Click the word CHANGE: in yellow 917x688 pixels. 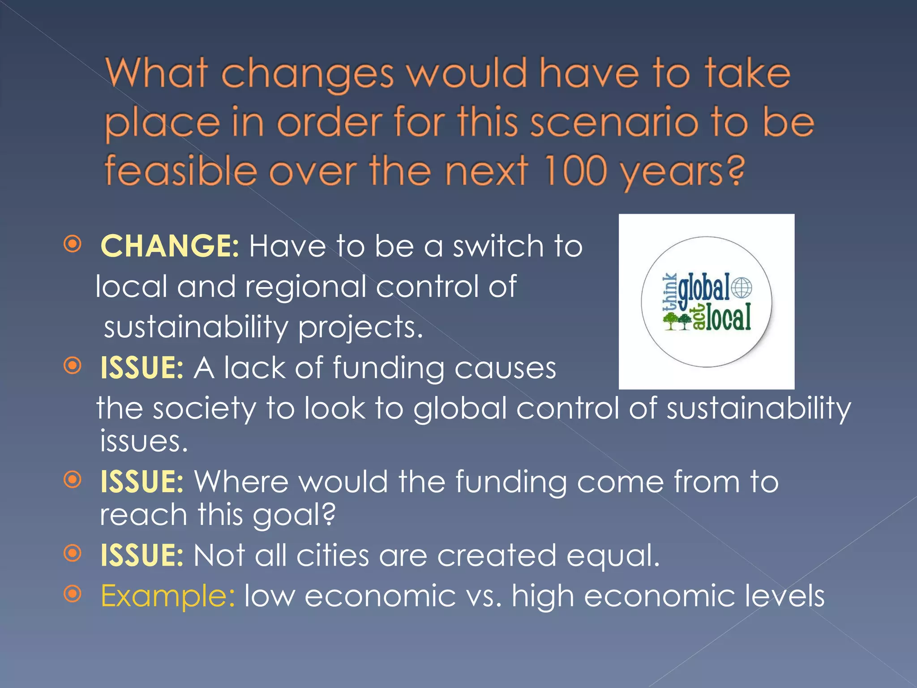170,246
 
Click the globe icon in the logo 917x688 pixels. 741,288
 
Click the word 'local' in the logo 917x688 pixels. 728,318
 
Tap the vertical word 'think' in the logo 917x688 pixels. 670,292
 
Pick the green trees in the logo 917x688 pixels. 677,321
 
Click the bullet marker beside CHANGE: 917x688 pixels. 73,244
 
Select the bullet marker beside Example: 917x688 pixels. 73,594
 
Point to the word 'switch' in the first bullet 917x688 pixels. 498,246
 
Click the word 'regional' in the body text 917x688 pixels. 305,287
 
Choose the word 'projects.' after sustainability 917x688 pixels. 360,327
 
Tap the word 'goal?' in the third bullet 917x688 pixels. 294,515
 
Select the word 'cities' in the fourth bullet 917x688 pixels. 333,555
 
